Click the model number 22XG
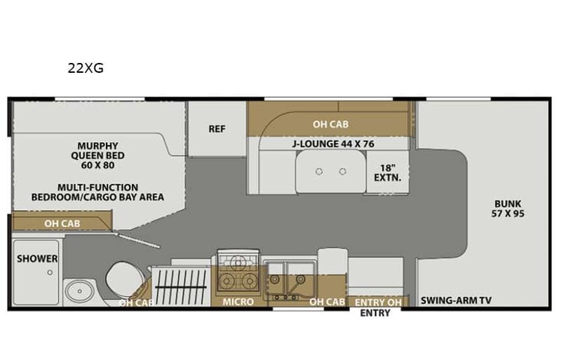84,68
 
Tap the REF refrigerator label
216,129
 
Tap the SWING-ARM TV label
455,302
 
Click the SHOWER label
38,259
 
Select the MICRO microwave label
238,302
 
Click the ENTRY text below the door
375,312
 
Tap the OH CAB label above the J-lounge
330,124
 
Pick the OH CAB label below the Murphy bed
62,223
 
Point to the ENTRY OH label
376,302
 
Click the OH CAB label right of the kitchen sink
327,302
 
